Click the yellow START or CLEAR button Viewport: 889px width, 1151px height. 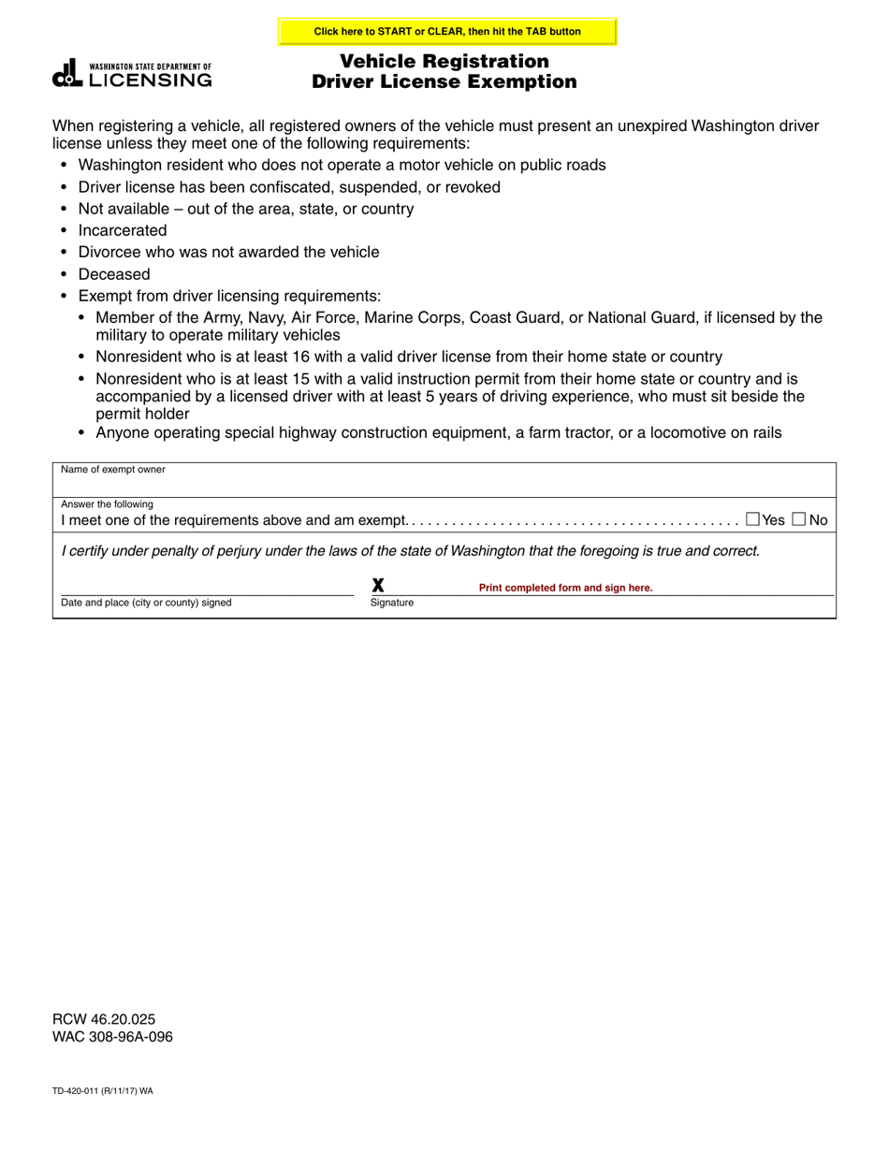tap(447, 32)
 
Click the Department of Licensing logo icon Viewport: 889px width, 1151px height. tap(68, 74)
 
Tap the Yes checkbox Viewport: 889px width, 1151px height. tap(753, 519)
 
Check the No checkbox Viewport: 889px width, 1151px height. tap(799, 519)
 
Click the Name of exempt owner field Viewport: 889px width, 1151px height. tap(444, 482)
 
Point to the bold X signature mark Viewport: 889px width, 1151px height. tap(378, 586)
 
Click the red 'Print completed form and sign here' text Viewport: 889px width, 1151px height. tap(565, 588)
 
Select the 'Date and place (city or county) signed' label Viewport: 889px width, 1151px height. tap(146, 603)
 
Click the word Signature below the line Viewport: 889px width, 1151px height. tap(391, 603)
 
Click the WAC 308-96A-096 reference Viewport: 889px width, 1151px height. tap(112, 1037)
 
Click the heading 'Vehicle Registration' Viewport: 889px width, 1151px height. tap(444, 62)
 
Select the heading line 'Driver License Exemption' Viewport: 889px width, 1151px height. tap(444, 81)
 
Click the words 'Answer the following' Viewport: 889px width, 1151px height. tap(107, 503)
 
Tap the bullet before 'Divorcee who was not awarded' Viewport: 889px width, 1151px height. tap(64, 253)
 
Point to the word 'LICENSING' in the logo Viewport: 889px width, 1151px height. tap(150, 80)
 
